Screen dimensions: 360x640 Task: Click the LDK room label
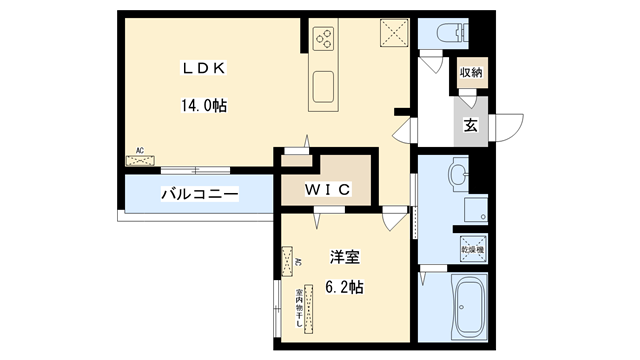[x=204, y=68]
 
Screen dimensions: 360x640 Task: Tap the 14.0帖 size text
[x=204, y=104]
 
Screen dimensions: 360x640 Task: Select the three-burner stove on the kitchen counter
[x=327, y=39]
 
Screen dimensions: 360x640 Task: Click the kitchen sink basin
[x=327, y=88]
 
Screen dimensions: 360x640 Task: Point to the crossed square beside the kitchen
[x=393, y=34]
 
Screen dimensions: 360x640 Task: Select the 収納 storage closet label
[x=472, y=72]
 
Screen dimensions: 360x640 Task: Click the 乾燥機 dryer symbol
[x=471, y=246]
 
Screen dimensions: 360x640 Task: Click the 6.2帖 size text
[x=343, y=287]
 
